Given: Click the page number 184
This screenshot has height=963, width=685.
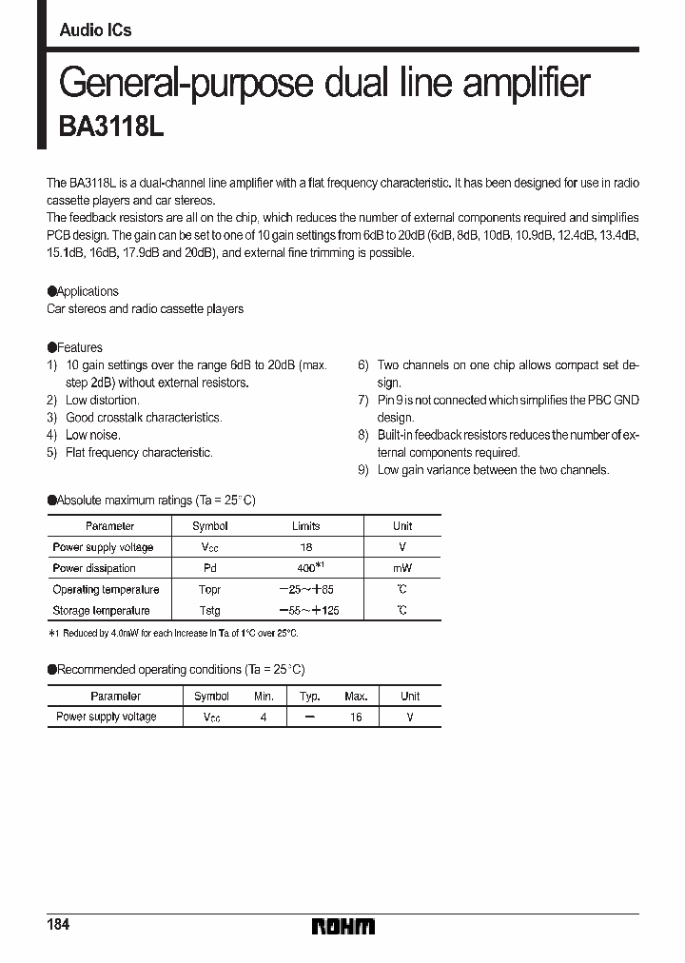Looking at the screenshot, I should pos(58,925).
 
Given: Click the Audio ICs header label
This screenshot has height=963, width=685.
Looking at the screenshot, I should pos(95,30).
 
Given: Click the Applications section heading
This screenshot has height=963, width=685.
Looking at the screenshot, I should pos(87,291).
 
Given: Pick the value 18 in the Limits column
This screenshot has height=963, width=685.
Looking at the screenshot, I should pos(305,547).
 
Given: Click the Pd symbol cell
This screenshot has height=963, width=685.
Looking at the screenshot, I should pos(210,568).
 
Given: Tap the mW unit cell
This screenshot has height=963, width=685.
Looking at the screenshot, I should pos(402,568).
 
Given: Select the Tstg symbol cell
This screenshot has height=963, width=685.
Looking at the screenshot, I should pos(210,610).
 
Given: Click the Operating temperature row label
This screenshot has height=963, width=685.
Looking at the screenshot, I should pos(106,589).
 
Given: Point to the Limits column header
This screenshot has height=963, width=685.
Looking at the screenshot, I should pos(305,525).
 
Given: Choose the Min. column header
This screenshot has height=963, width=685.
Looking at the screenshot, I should pos(264,696).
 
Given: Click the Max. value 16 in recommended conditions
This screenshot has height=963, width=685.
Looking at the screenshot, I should pos(355,717).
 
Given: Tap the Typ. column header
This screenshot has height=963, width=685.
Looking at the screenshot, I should pos(309,696).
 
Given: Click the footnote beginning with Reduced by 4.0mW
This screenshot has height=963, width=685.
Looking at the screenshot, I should pos(179,633).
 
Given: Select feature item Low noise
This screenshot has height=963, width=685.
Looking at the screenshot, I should pos(92,435).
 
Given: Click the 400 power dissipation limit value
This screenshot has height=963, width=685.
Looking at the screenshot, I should pos(303,567).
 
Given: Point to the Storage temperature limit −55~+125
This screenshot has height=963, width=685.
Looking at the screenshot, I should pos(305,610).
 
